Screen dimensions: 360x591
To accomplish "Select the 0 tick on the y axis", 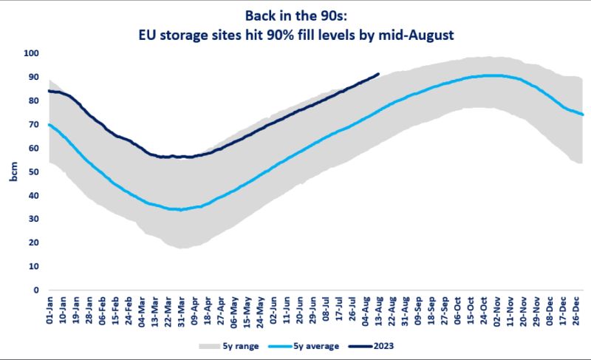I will point(35,290).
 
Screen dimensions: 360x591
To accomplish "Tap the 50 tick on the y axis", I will point(32,171).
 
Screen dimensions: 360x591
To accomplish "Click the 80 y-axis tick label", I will point(32,101).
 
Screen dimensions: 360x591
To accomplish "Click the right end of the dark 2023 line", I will point(378,74).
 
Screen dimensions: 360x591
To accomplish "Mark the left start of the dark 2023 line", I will point(49,91).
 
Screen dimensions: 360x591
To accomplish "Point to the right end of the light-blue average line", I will point(584,115).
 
